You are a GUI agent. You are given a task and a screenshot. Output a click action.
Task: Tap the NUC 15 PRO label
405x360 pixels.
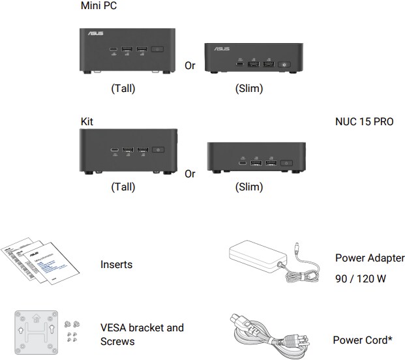[359, 121]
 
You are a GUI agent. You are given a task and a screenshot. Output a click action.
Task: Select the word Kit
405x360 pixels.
[86, 121]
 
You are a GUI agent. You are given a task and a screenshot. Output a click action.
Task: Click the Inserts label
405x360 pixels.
[116, 265]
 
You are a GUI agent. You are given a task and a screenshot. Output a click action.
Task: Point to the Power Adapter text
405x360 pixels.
[370, 258]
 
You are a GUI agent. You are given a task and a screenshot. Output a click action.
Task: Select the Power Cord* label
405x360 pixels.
[363, 340]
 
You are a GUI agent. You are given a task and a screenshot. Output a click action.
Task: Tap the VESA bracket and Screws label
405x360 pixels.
[142, 334]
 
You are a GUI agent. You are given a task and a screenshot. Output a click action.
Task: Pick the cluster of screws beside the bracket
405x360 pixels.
[72, 331]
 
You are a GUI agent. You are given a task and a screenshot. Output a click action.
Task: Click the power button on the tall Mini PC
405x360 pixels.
[158, 50]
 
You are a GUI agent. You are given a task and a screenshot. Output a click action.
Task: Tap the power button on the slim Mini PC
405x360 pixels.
[284, 64]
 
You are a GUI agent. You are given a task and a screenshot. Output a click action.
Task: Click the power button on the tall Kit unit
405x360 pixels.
[160, 151]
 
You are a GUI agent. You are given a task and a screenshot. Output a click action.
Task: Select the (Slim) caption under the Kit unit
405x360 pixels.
[248, 187]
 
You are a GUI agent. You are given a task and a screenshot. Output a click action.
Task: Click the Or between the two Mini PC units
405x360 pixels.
[190, 66]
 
